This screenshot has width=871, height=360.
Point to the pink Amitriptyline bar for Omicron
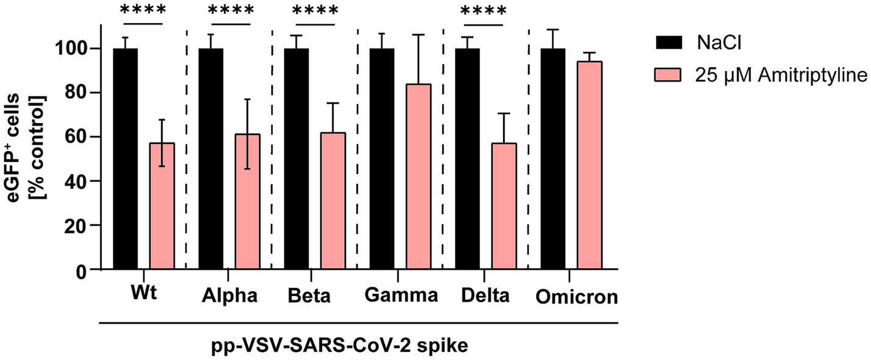(x=589, y=165)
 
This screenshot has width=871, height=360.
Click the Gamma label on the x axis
(x=401, y=297)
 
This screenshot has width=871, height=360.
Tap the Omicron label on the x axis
(x=577, y=298)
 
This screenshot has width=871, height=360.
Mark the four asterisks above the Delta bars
(x=484, y=12)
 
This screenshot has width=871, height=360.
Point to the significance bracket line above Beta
(x=314, y=25)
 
